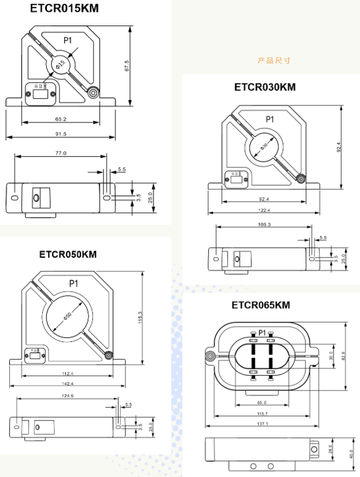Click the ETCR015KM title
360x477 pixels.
coord(64,8)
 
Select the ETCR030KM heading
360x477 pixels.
coord(265,87)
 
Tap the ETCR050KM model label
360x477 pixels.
coord(68,254)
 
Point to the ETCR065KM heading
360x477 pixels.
coord(260,305)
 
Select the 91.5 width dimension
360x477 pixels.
coord(61,134)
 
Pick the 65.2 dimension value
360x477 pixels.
coord(61,119)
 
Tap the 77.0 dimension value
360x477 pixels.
coord(61,153)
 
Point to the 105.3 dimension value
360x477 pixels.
coord(263,223)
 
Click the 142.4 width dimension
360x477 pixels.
coord(68,384)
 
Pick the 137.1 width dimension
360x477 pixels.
coord(263,424)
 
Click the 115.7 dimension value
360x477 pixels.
coord(263,413)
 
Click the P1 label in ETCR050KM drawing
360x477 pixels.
coord(74,284)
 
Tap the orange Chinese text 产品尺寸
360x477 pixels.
coord(274,60)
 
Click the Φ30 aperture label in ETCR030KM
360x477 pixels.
coord(265,145)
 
